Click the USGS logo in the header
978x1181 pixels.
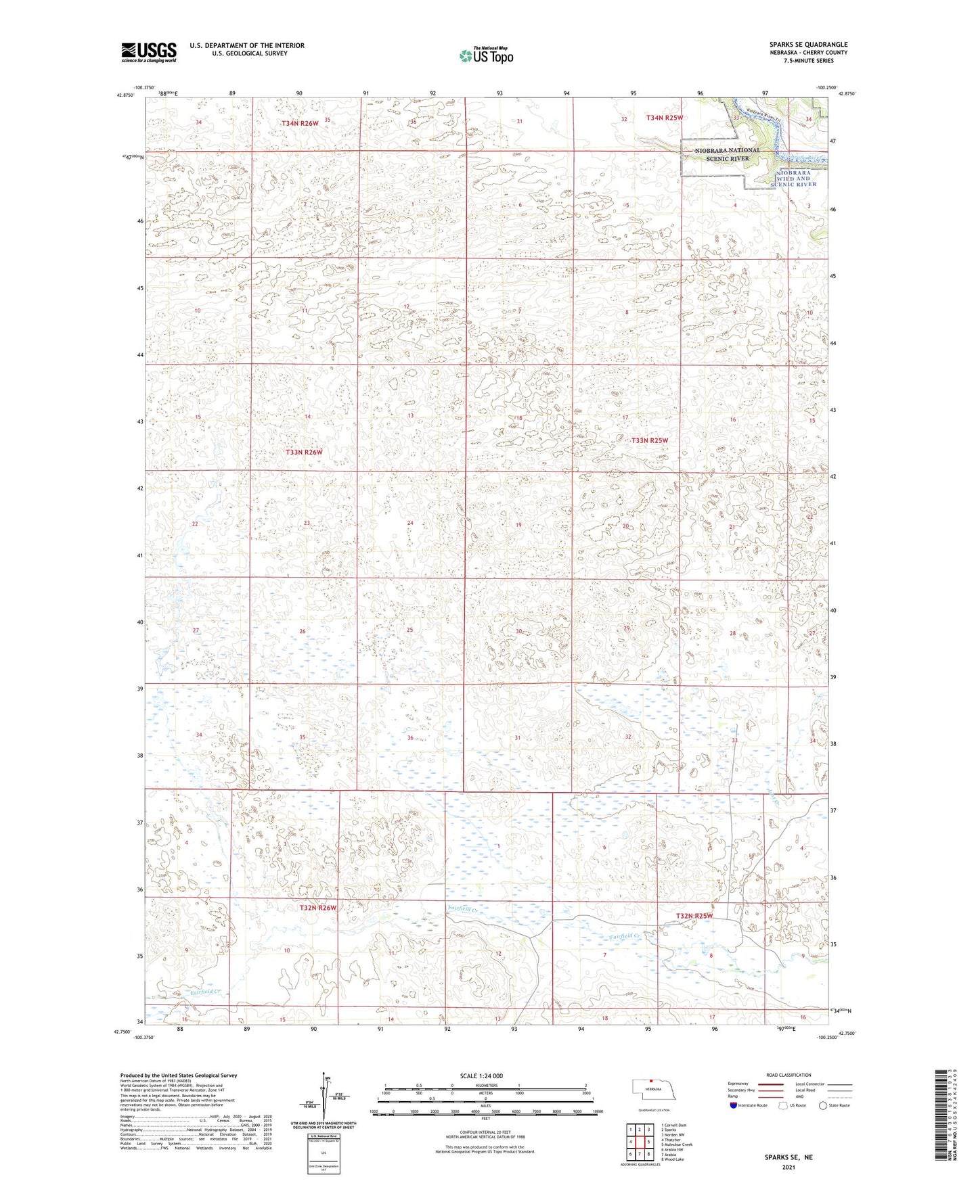[149, 52]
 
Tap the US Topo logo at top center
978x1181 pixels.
[485, 55]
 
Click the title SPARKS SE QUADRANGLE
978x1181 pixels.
[808, 45]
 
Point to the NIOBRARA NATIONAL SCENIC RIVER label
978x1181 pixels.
[727, 154]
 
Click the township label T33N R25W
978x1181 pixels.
[650, 440]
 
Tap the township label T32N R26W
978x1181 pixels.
[318, 908]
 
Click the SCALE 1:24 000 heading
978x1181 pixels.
[481, 1075]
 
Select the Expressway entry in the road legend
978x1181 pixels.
[738, 1084]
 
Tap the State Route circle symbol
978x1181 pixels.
[824, 1106]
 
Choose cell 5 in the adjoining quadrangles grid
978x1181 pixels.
[648, 1142]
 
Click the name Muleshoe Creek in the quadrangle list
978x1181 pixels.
[677, 1144]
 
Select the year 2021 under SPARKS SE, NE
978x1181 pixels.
[788, 1167]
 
